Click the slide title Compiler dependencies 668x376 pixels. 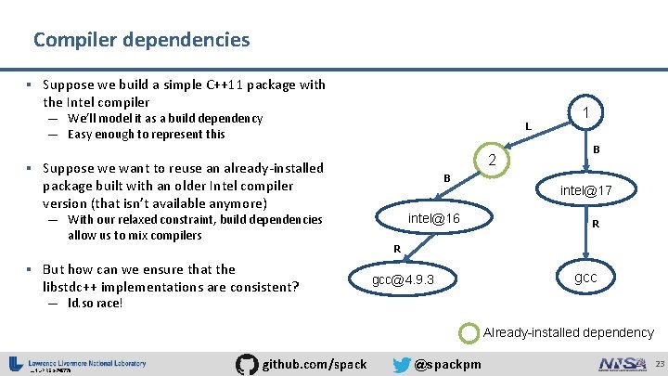pyautogui.click(x=141, y=40)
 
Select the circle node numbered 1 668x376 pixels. pyautogui.click(x=585, y=112)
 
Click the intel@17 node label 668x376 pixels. pyautogui.click(x=585, y=191)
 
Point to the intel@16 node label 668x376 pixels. pyautogui.click(x=434, y=217)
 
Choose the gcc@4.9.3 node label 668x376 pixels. pyautogui.click(x=403, y=279)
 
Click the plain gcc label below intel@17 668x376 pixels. pyautogui.click(x=585, y=278)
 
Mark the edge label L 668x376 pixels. pyautogui.click(x=527, y=126)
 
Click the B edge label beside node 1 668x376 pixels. pyautogui.click(x=596, y=149)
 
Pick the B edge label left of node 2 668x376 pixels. pyautogui.click(x=446, y=177)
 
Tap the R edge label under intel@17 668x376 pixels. pyautogui.click(x=596, y=224)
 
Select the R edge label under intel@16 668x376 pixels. pyautogui.click(x=396, y=249)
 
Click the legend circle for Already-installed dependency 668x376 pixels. pyautogui.click(x=470, y=331)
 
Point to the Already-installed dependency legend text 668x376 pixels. pyautogui.click(x=568, y=332)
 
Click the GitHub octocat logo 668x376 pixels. pyautogui.click(x=248, y=363)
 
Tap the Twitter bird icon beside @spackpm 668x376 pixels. pyautogui.click(x=402, y=363)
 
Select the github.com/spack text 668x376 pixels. pyautogui.click(x=315, y=364)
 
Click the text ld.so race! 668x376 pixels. pyautogui.click(x=95, y=304)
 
